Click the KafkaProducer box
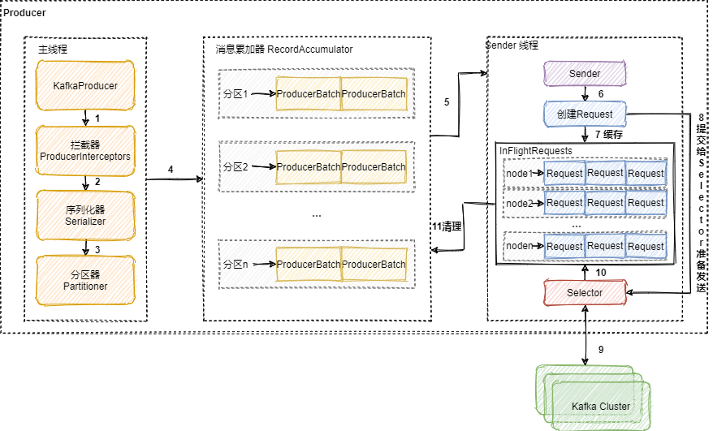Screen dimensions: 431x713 coord(85,85)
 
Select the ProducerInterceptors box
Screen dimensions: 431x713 coord(85,150)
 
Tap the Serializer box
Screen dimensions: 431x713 coord(85,215)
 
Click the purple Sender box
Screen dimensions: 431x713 coord(585,74)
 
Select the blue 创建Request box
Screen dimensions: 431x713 coord(585,114)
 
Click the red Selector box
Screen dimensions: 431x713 coord(585,292)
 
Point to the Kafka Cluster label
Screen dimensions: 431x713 coord(601,406)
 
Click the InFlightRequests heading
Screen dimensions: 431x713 coord(536,151)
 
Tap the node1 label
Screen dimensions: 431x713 coord(519,174)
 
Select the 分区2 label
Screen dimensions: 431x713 coord(236,167)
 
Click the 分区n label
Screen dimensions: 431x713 coord(236,265)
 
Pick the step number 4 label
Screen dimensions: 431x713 coord(171,169)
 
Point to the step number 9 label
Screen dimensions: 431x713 coord(601,350)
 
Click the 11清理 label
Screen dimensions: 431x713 coord(447,226)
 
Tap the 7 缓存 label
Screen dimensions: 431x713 coord(609,134)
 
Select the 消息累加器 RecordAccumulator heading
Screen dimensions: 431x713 coord(279,50)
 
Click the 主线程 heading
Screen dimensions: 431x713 coord(53,50)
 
